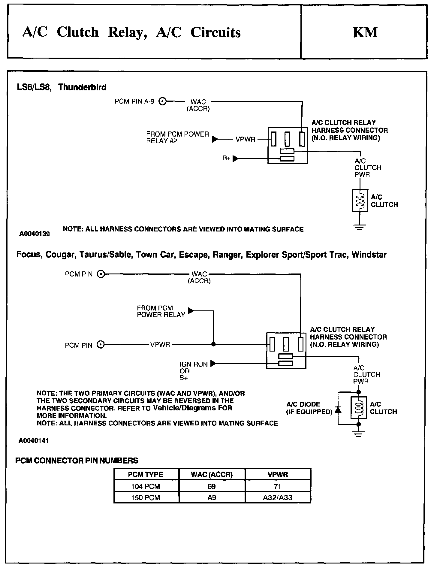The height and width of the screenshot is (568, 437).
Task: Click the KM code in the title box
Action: (365, 32)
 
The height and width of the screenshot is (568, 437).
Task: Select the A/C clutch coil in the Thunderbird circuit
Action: (360, 201)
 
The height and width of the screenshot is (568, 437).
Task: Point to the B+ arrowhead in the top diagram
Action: (236, 159)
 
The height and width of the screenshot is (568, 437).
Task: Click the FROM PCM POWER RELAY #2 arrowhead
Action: (215, 139)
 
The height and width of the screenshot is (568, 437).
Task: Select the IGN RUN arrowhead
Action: (213, 364)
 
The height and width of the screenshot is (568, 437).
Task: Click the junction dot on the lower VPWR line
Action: (213, 345)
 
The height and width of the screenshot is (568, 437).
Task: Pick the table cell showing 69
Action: (212, 487)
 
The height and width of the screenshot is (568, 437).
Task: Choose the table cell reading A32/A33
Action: (278, 497)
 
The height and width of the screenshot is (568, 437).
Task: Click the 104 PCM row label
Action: (146, 487)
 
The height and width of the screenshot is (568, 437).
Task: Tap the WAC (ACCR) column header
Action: (212, 475)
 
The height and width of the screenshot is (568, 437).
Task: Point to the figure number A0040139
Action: (35, 234)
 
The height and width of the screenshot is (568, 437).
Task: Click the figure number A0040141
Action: (34, 441)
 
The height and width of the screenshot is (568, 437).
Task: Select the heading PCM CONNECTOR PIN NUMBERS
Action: (77, 461)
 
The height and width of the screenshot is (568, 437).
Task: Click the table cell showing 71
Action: (278, 487)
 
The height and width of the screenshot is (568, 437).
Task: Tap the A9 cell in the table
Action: (212, 497)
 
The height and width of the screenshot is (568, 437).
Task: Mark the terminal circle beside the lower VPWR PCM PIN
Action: (101, 345)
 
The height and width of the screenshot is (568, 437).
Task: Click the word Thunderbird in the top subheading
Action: (82, 87)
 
